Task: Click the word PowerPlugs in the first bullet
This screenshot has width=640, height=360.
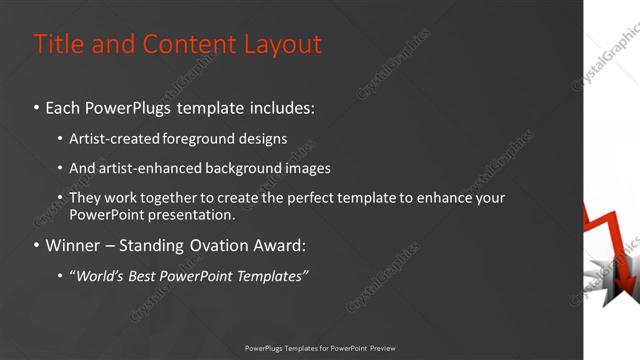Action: click(x=134, y=106)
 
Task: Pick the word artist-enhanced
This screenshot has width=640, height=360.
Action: click(x=143, y=168)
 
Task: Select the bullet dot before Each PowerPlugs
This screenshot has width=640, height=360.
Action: click(x=37, y=107)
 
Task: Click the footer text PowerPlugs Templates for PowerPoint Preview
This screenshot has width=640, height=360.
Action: click(x=320, y=348)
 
